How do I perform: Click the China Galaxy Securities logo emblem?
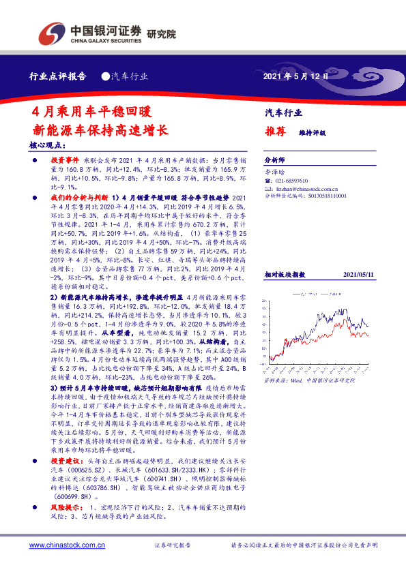pyautogui.click(x=49, y=32)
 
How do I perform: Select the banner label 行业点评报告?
pyautogui.click(x=58, y=76)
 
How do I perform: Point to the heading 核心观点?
pyautogui.click(x=56, y=145)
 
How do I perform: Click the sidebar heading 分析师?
pyautogui.click(x=274, y=157)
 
